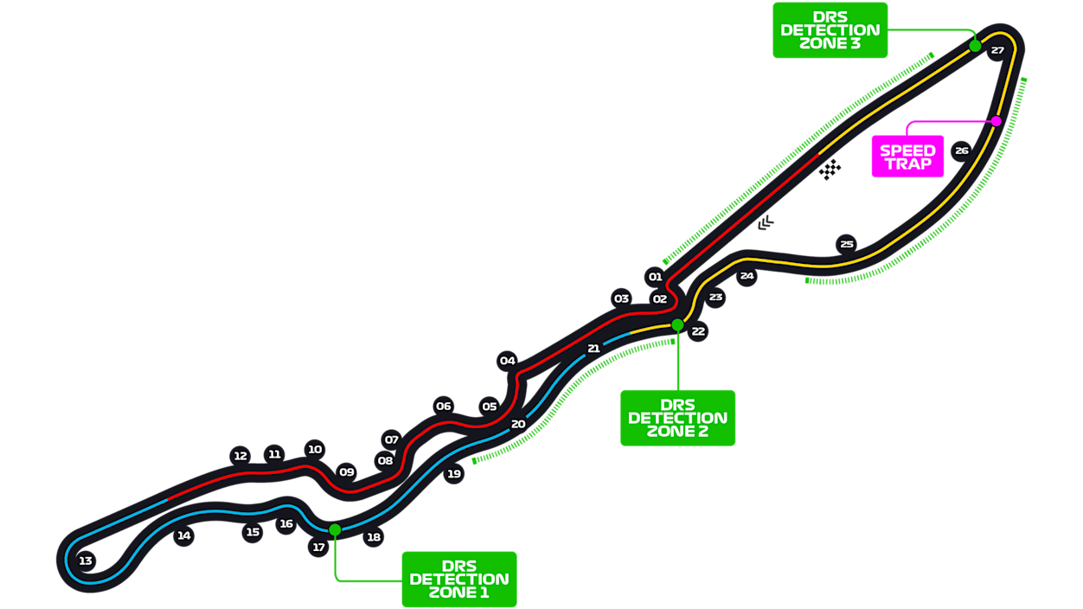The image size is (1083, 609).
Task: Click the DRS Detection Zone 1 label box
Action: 458,579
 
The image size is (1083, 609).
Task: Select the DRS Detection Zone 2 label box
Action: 677,418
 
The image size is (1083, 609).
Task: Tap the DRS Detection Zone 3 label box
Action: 830,30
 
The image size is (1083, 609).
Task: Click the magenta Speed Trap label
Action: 907,157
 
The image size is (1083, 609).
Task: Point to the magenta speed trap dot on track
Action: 996,121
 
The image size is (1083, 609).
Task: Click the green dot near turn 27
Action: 975,46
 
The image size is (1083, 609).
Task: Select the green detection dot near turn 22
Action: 677,324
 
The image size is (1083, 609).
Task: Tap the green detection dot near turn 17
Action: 335,529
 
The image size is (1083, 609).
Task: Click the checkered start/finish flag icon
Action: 830,170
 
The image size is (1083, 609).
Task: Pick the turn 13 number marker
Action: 86,561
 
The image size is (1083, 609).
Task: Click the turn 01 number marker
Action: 655,277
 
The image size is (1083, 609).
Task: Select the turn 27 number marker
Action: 997,50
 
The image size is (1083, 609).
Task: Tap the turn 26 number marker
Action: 961,151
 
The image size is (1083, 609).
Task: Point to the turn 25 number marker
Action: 846,244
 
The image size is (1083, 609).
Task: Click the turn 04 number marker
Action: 507,361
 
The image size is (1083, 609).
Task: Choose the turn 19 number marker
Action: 454,474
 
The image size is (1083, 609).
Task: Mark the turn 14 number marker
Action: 183,535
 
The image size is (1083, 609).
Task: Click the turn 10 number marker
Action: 315,449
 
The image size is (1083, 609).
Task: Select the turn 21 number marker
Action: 593,349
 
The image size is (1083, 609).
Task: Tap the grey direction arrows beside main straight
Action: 766,224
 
